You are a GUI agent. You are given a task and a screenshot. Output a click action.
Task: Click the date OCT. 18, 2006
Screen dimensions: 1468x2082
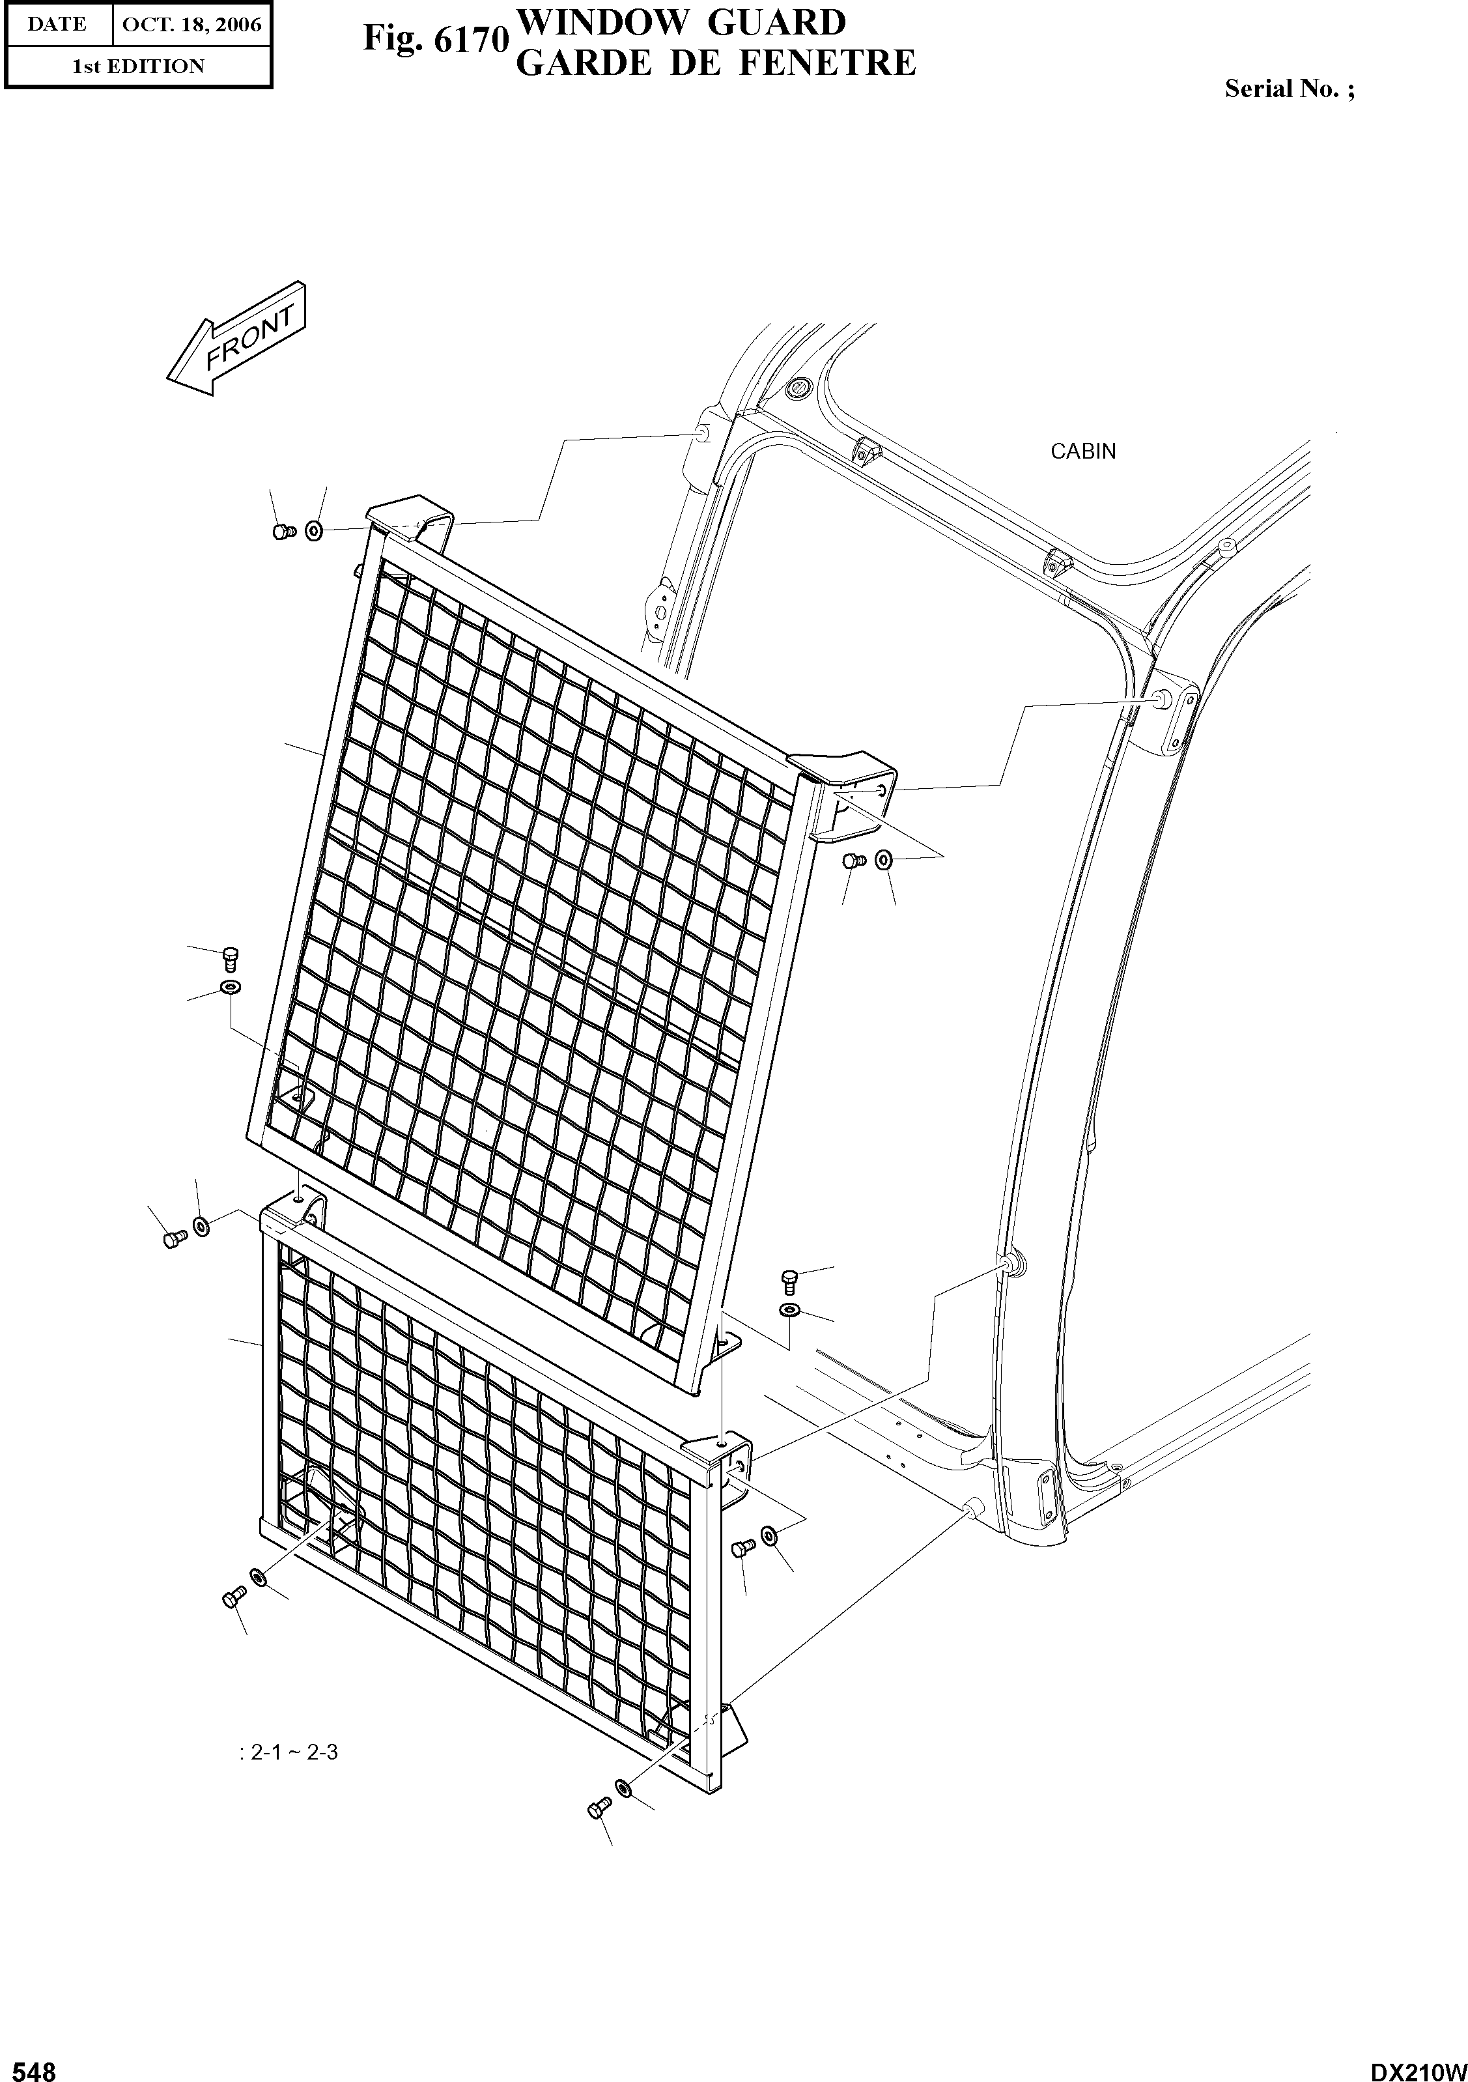tap(191, 25)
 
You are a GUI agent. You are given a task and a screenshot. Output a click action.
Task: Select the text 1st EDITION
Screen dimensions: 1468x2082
tap(138, 66)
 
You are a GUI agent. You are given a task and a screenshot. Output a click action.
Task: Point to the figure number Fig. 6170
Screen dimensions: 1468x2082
tap(433, 40)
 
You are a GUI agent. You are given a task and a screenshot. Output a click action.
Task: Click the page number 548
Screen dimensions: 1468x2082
tap(29, 2068)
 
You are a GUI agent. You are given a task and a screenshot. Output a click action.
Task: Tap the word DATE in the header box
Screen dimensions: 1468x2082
tap(56, 25)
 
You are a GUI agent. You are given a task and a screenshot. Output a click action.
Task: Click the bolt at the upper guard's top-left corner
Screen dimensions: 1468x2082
tap(282, 532)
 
